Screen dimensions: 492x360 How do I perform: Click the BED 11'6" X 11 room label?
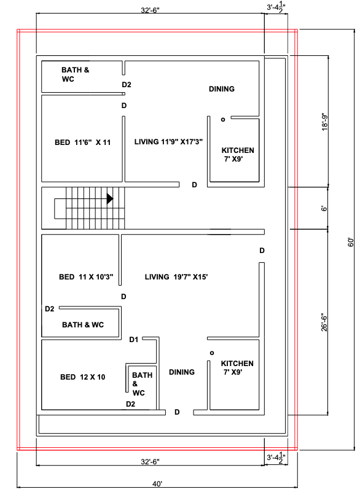pos(82,143)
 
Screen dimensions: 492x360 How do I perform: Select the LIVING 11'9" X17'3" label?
pos(168,142)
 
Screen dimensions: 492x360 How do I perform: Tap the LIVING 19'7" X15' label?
pos(176,277)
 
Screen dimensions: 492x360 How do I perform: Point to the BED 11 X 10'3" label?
pos(86,277)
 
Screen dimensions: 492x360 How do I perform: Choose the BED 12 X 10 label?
pos(82,377)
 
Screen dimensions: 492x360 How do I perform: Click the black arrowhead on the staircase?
pos(110,199)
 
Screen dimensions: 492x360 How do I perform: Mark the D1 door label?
pos(134,339)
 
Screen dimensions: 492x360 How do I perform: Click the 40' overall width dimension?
pos(158,484)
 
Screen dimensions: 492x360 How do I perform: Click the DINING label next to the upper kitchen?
pos(221,89)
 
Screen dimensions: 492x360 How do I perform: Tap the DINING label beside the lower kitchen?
pos(182,372)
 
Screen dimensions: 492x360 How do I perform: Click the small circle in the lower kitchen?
pos(211,353)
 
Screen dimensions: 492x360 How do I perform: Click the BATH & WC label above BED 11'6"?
pos(75,75)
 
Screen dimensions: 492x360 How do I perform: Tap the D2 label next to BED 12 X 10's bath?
pos(130,404)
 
